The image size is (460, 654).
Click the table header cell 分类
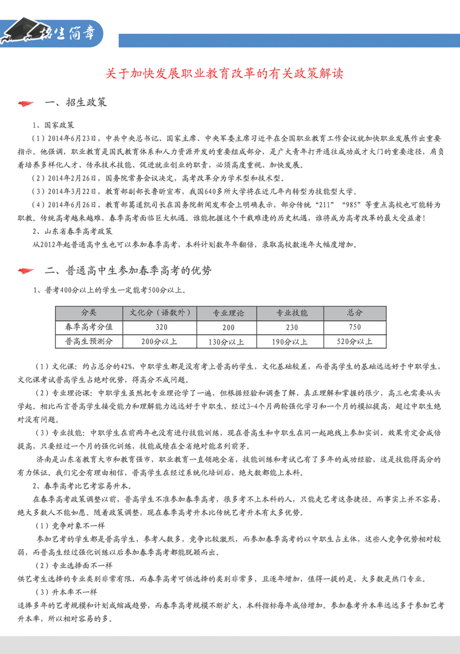click(x=89, y=312)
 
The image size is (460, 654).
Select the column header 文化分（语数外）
click(x=160, y=312)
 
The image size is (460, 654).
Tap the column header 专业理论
click(x=228, y=312)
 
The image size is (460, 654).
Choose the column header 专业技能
click(x=292, y=312)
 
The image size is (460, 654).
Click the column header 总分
click(x=355, y=312)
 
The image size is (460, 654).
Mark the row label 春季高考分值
click(x=89, y=326)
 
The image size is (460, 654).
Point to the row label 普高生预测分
click(x=89, y=341)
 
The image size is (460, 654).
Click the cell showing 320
click(x=160, y=327)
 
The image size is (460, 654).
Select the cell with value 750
click(x=355, y=327)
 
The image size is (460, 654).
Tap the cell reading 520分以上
click(x=355, y=342)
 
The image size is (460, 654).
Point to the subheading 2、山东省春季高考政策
click(x=72, y=231)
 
